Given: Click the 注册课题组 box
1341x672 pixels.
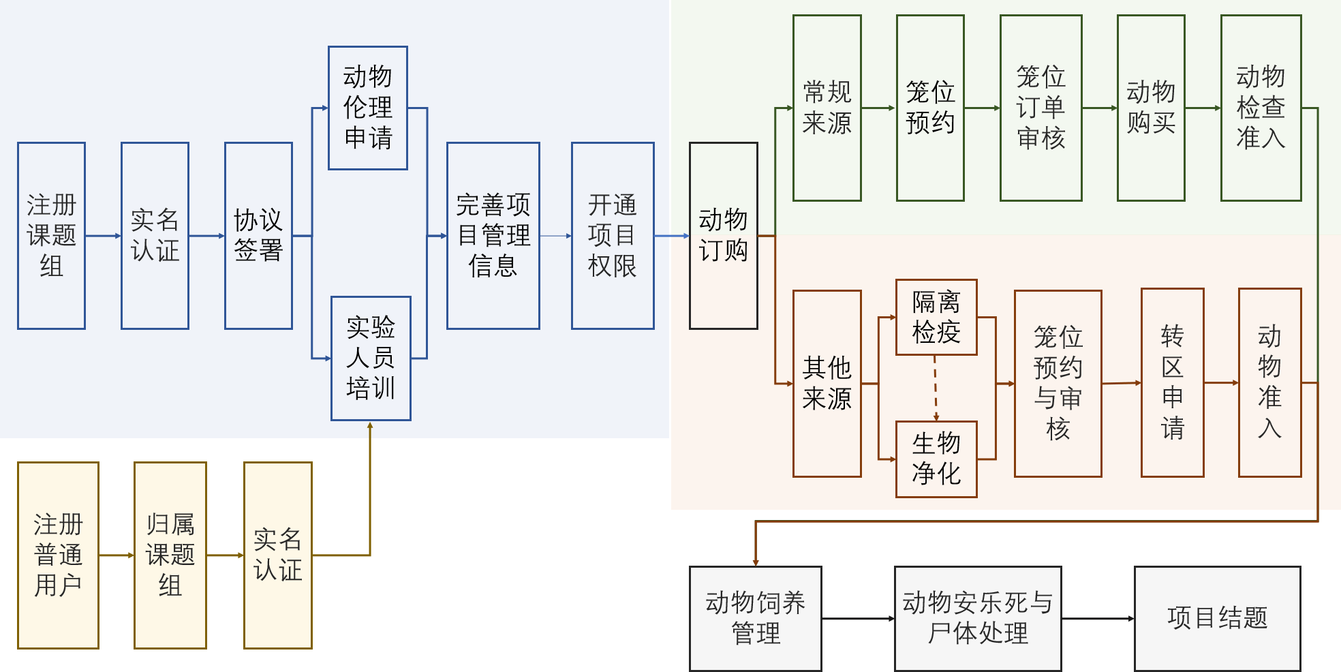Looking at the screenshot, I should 51,236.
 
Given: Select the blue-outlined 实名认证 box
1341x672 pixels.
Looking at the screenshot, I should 155,236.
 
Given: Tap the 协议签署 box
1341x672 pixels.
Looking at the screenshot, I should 258,236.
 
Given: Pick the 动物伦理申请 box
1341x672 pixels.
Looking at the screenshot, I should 368,108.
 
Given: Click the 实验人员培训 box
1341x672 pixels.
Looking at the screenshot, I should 371,358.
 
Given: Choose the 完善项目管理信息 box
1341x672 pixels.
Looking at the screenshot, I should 493,236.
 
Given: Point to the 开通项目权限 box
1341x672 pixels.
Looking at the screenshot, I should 613,236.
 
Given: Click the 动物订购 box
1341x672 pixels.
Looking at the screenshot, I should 723,236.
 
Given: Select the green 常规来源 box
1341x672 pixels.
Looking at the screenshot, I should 827,108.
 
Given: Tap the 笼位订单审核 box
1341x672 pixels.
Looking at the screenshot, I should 1041,108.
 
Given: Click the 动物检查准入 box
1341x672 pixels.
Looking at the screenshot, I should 1261,108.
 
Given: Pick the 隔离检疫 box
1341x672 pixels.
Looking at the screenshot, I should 936,317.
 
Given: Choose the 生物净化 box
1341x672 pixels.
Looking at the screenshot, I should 936,459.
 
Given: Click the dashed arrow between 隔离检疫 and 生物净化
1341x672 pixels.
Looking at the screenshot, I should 936,387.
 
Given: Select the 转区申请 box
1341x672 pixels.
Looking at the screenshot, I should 1172,382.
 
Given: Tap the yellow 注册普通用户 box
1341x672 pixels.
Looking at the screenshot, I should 58,555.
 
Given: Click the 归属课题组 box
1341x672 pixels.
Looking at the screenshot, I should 170,555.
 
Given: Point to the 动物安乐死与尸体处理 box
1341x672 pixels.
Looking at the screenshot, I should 977,618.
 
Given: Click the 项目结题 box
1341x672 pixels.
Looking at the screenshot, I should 1217,618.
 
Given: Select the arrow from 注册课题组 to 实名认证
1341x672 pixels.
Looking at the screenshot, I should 103,236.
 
